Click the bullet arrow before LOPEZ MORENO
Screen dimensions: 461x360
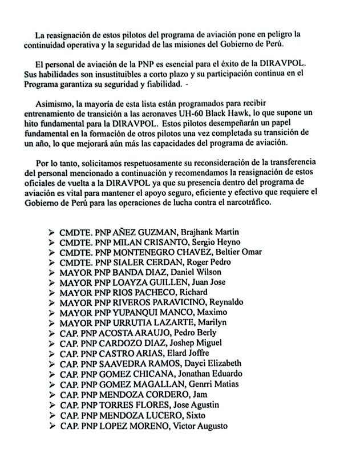click(x=52, y=426)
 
